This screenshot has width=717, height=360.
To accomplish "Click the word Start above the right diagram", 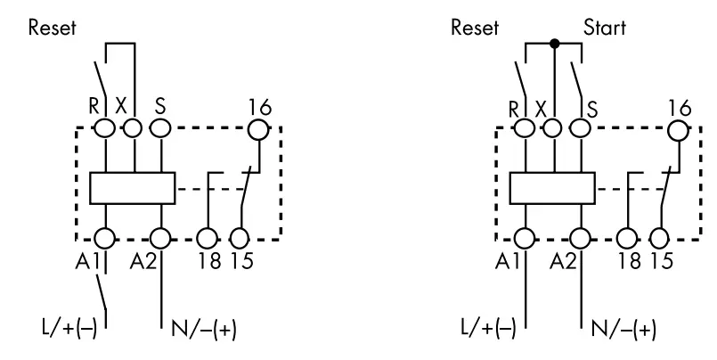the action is [605, 28].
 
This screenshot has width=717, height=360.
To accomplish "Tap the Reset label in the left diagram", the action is [52, 27].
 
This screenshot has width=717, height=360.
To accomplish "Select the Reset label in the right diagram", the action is [475, 27].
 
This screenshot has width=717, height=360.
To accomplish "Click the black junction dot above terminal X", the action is [554, 44].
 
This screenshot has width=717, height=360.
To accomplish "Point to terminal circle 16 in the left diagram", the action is [258, 129].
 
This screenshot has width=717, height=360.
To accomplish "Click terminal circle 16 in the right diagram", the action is [678, 130].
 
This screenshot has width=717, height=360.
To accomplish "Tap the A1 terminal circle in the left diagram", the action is [105, 239].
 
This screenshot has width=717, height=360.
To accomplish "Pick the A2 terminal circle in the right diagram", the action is [580, 239].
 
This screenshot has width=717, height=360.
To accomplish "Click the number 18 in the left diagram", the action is [209, 261].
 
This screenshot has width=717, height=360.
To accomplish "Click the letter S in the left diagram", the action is [159, 106].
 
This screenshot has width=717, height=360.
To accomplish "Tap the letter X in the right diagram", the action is [541, 110].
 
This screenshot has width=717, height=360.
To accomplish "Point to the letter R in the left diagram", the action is [94, 106].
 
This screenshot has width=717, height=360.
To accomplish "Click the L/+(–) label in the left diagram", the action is [69, 328].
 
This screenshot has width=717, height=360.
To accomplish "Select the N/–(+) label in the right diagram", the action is [623, 329].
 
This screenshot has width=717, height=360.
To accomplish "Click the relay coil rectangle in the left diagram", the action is [133, 188].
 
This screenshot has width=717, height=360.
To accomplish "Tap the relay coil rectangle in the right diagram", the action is [552, 188].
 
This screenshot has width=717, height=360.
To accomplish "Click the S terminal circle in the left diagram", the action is [160, 128].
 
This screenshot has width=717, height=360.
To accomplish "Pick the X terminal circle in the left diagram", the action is [133, 128].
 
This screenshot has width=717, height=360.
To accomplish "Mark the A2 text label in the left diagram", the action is [143, 261].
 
